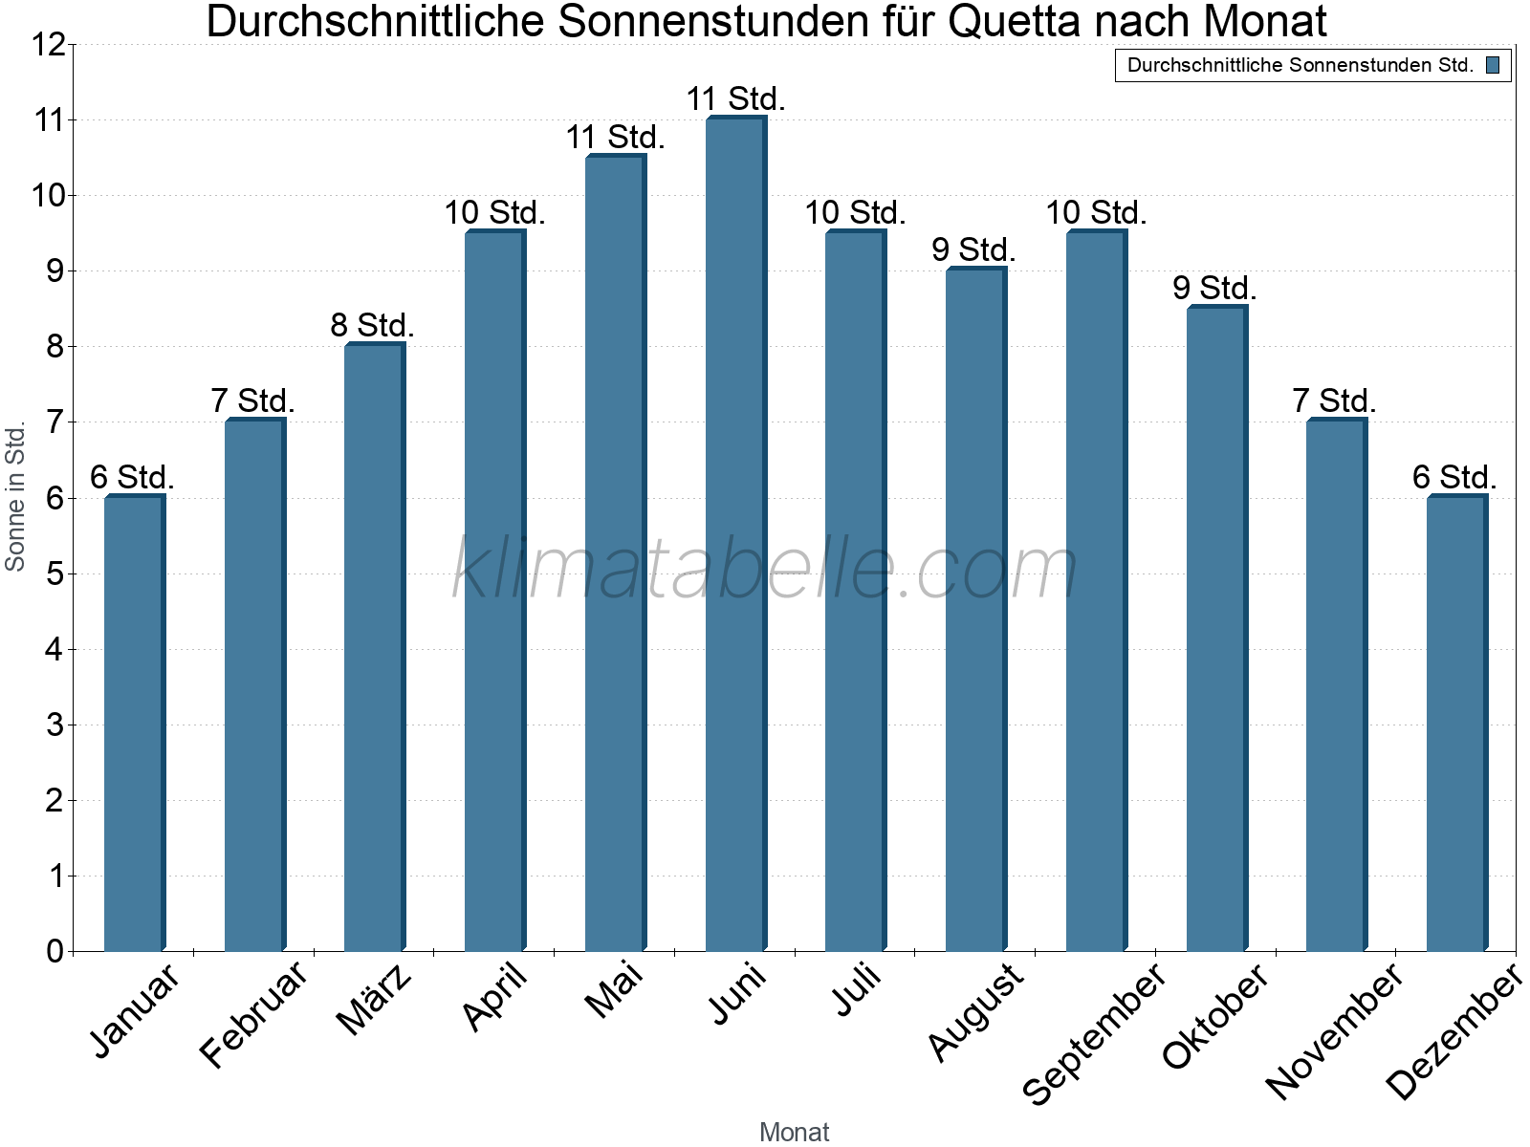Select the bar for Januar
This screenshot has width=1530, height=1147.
coord(134,724)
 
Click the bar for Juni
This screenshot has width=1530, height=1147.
coord(735,533)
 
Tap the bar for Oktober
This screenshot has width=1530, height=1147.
coord(1216,628)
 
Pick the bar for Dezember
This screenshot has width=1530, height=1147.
coord(1456,724)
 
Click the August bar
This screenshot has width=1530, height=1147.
coord(975,610)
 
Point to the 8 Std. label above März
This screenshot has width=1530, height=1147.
coord(372,325)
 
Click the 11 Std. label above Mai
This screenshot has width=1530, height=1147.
coord(615,137)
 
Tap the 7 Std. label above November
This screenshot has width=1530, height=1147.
coord(1334,400)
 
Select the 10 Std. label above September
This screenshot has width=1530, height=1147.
coord(1095,212)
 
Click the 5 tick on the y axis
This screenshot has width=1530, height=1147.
coord(54,573)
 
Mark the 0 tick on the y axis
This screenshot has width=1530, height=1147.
coord(54,951)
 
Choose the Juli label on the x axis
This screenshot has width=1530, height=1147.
coord(857,991)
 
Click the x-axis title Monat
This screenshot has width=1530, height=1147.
coord(794,1132)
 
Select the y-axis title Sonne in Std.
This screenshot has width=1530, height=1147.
coord(15,497)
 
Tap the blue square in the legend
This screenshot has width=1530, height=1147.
coord(1493,65)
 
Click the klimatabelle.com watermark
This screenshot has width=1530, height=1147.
coord(765,570)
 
